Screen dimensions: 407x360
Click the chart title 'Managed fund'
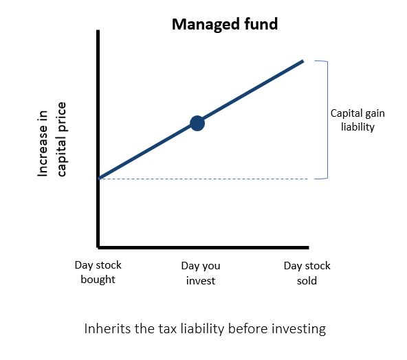[x=225, y=25]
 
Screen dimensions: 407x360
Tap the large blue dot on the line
[x=197, y=123]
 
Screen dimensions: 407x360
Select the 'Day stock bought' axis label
[x=98, y=272]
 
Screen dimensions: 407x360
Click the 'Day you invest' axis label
[x=201, y=273]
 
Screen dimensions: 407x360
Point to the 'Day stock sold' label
[x=307, y=273]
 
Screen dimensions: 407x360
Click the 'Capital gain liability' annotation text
[x=357, y=120]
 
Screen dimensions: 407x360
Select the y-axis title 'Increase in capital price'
[x=52, y=139]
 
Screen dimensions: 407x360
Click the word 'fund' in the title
[x=261, y=24]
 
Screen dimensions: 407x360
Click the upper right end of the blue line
[x=303, y=61]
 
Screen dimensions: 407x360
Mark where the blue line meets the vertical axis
[x=99, y=178]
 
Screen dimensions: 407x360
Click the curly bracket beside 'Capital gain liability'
[x=327, y=120]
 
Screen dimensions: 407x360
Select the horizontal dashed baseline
[x=203, y=179]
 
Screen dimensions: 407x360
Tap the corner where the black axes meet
[x=98, y=247]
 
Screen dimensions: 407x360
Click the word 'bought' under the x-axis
[x=98, y=280]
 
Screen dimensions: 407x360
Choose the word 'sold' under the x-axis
[x=307, y=280]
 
